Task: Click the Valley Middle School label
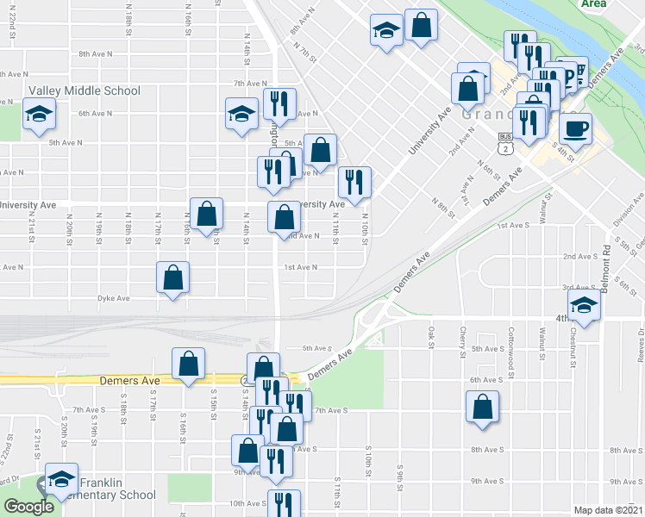pyautogui.click(x=85, y=90)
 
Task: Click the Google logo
pyautogui.click(x=28, y=508)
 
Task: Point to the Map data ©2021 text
pyautogui.click(x=608, y=510)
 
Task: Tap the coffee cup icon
pyautogui.click(x=575, y=129)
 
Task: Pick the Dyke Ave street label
pyautogui.click(x=113, y=298)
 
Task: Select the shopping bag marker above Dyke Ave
pyautogui.click(x=173, y=277)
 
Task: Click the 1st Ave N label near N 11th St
pyautogui.click(x=301, y=267)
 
